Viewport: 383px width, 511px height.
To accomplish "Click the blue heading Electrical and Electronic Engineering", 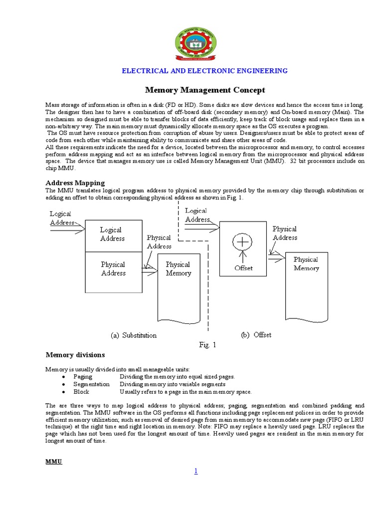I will pos(205,71).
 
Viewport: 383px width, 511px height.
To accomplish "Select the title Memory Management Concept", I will pos(205,90).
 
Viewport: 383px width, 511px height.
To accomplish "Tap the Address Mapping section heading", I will pos(75,183).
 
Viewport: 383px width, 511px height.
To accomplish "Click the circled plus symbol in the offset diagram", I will pos(243,242).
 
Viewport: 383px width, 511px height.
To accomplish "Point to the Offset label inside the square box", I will pos(243,268).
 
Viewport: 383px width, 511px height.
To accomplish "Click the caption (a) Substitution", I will pos(134,335).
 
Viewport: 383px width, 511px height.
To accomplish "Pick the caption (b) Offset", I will pos(256,335).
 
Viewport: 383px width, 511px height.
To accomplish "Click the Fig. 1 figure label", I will pos(207,345).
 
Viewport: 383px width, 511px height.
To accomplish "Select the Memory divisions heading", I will pos(75,355).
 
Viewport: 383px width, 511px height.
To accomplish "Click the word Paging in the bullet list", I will pos(83,377).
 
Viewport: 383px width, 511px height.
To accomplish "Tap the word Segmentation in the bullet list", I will pos(91,384).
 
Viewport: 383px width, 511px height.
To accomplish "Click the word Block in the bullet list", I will pos(81,392).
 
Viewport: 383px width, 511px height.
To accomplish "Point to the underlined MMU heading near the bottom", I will pos(53,462).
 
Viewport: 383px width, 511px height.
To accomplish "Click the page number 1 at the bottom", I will pos(196,471).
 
